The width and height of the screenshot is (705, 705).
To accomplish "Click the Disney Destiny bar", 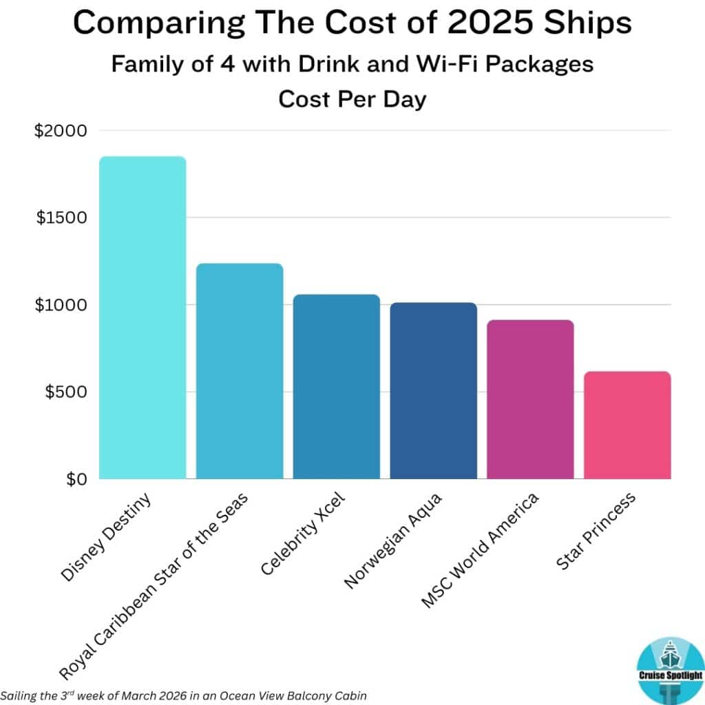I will [143, 317].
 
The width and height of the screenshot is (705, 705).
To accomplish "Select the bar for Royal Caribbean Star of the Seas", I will [240, 371].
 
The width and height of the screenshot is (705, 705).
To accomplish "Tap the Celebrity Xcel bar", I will [336, 386].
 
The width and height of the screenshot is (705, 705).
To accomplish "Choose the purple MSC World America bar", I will [530, 399].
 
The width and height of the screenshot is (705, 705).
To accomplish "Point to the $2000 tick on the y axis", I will [61, 131].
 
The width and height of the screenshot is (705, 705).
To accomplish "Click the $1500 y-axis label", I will [61, 218].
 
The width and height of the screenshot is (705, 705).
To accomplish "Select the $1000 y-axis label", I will [61, 305].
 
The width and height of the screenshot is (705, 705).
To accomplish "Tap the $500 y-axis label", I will [64, 392].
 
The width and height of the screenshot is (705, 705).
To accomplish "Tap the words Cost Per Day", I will [352, 99].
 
